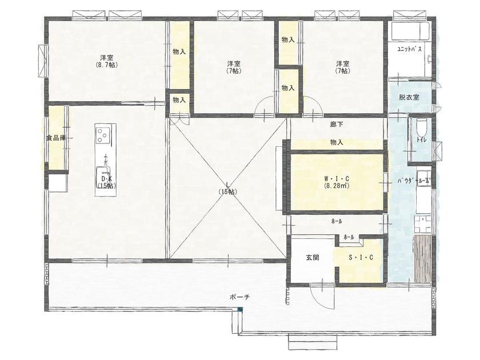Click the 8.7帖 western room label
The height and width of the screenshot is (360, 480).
coord(106,61)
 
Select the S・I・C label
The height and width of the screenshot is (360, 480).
coord(361,258)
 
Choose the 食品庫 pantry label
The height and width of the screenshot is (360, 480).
coord(56,138)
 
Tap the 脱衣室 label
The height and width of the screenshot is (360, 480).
coord(409,97)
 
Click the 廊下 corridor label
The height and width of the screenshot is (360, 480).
coord(337,125)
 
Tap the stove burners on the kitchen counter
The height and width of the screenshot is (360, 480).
coord(103,135)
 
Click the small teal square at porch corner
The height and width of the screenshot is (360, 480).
coord(241,310)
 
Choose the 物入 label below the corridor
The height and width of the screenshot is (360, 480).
coord(337,143)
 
